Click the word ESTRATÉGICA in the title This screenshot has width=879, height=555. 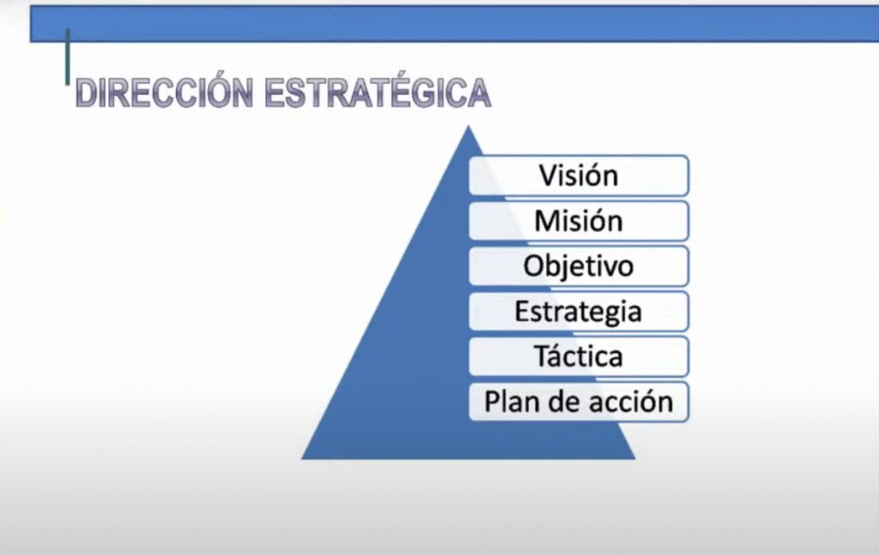pos(378,93)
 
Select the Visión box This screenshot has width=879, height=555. pos(579,175)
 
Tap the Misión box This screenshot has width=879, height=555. pos(579,221)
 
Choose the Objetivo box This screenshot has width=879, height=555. pos(579,266)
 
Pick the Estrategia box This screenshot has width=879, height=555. pos(579,311)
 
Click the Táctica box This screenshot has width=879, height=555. pos(579,357)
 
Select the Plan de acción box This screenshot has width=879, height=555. pos(579,401)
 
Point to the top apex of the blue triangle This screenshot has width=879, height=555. pos(469,128)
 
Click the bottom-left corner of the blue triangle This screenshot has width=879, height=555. pos(304,457)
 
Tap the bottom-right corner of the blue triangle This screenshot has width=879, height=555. pos(633,457)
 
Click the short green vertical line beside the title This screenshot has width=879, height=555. pos(68,57)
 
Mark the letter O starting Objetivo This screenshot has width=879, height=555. pos(533,266)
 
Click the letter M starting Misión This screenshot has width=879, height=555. pos(546,221)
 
